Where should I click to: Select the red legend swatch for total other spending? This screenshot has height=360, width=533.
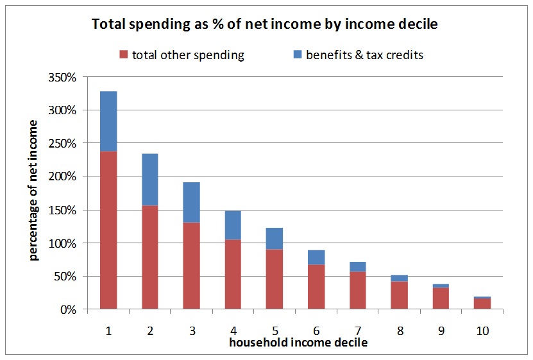coord(123,55)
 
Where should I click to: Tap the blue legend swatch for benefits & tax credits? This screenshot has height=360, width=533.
coord(297,55)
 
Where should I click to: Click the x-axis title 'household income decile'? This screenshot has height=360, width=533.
coord(299,343)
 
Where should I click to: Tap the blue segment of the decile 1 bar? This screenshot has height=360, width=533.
coord(108,121)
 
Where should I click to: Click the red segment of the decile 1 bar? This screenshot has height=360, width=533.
coord(108,230)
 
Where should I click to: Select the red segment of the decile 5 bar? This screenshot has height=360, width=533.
coord(275,279)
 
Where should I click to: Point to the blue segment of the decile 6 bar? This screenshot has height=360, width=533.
coord(316,257)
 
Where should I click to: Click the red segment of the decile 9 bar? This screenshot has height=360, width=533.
coord(441,298)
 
